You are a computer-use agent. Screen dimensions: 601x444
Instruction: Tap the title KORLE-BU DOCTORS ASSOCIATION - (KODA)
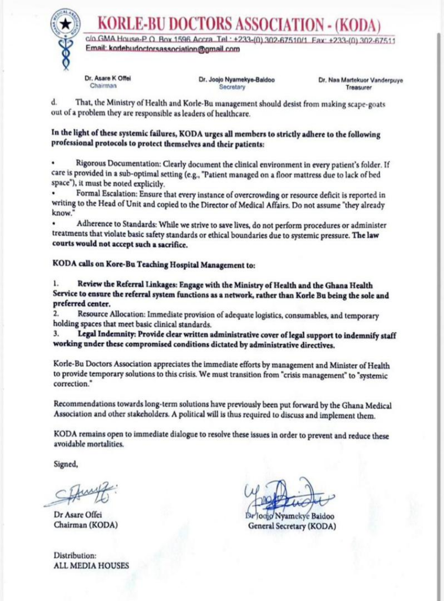click(238, 25)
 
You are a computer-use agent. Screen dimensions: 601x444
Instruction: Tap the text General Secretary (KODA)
click(292, 526)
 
